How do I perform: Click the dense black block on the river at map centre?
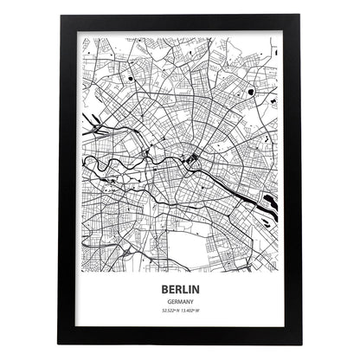(192, 158)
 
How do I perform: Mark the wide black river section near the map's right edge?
(271, 202)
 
